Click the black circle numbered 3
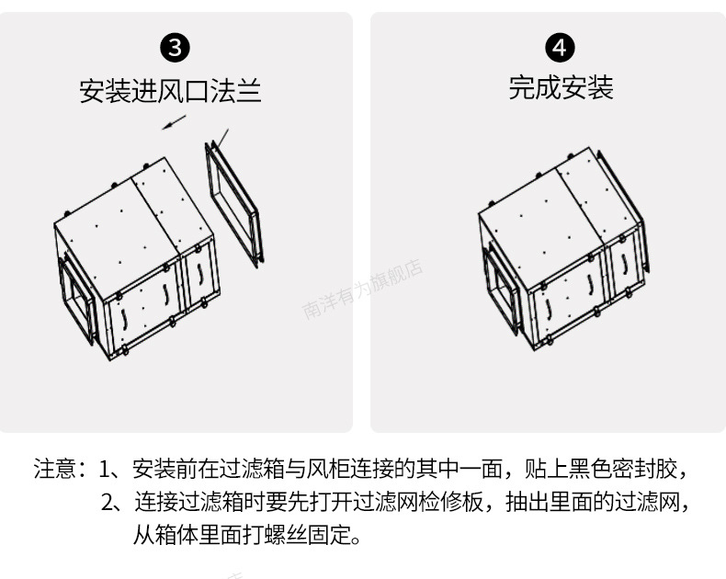[x=175, y=48]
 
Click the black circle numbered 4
[x=560, y=48]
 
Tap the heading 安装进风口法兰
[x=170, y=91]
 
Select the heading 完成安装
[x=562, y=87]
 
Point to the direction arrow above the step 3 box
[x=174, y=122]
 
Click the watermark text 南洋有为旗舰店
[x=362, y=289]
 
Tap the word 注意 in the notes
[x=54, y=469]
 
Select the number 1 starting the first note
[x=104, y=470]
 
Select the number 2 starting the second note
[x=107, y=502]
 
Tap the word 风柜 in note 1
[x=328, y=469]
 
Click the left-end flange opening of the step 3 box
[x=76, y=298]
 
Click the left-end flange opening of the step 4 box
[x=501, y=290]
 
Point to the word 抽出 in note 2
[x=527, y=502]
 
